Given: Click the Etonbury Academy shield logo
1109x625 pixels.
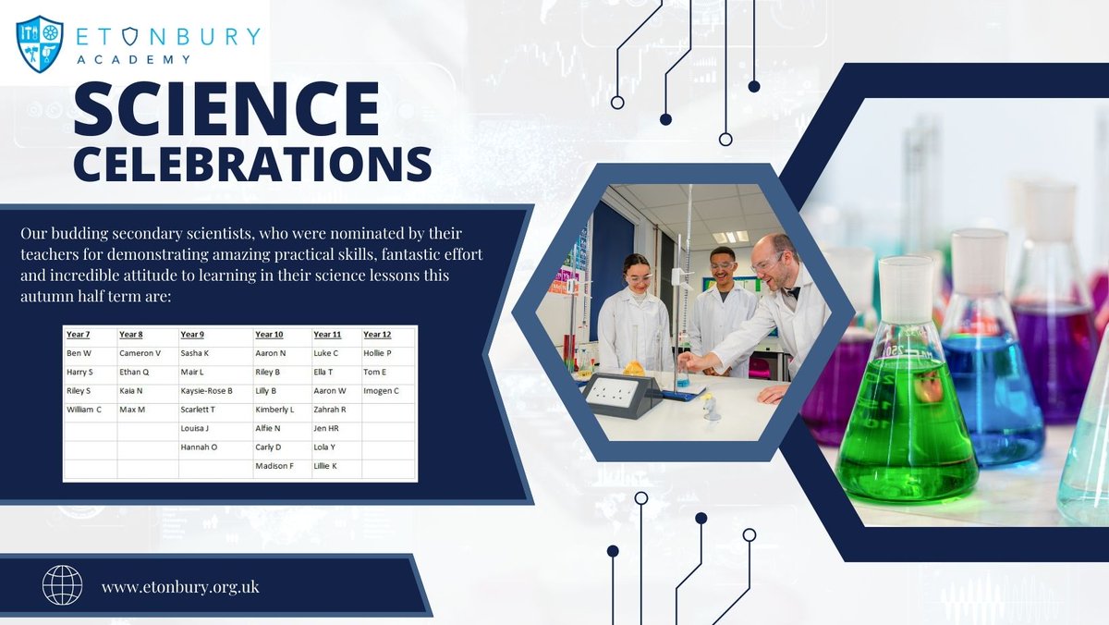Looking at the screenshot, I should point(40,43).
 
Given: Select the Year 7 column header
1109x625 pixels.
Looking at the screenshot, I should point(79,334).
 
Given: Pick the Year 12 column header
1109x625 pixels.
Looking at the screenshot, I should point(377,334).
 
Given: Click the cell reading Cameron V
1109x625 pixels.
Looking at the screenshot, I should point(140,352).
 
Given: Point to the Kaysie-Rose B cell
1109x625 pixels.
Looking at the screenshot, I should point(206,390).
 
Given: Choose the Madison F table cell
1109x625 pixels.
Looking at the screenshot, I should point(274,466).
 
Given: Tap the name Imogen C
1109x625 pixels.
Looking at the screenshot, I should point(381,390).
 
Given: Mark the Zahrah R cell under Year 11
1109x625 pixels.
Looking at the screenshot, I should point(330,409).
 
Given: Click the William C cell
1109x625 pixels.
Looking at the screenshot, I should point(84,409).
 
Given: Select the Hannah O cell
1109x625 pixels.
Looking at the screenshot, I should point(199,447).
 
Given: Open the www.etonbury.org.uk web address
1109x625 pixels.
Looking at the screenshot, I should point(180,587).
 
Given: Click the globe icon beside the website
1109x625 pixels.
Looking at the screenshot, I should point(63,585).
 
